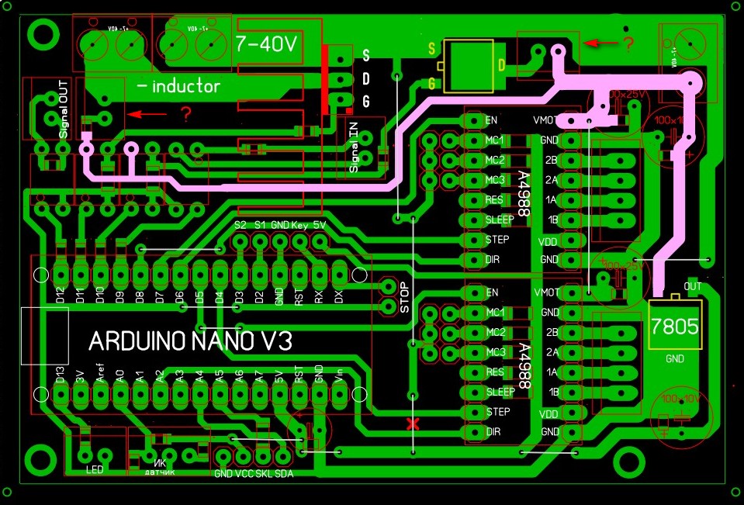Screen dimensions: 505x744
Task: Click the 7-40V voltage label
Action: pyautogui.click(x=266, y=43)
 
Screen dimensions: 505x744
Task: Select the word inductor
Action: pyautogui.click(x=185, y=86)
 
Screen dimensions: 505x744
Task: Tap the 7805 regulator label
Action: pyautogui.click(x=673, y=326)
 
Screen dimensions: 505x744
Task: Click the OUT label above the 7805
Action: pyautogui.click(x=693, y=286)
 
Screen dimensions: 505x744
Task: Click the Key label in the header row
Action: pyautogui.click(x=300, y=225)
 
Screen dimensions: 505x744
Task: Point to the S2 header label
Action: pyautogui.click(x=241, y=225)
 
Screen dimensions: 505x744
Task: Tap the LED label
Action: pyautogui.click(x=94, y=469)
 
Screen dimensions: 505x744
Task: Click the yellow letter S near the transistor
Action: pyautogui.click(x=432, y=48)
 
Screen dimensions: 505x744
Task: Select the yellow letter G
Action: pyautogui.click(x=432, y=83)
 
